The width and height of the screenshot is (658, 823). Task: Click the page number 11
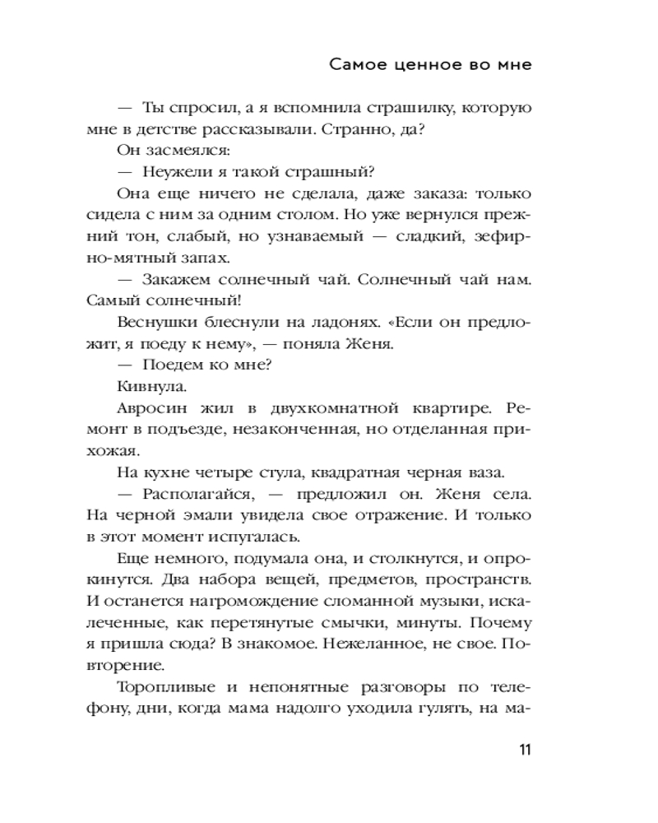(x=524, y=750)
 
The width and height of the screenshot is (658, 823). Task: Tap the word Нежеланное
(x=375, y=644)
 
